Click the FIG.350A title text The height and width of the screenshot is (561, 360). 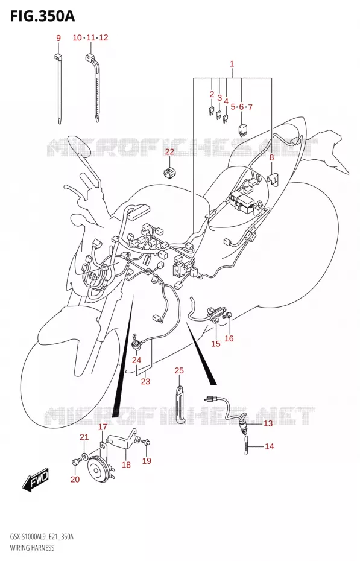tap(42, 16)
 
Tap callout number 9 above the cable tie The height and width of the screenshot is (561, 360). tap(58, 38)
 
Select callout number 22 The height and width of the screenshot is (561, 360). tap(169, 151)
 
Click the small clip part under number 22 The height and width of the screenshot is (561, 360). tap(169, 172)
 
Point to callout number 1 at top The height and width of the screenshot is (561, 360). tap(232, 64)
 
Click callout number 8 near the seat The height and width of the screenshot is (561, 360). tap(271, 157)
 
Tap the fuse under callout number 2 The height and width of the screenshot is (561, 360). tap(211, 111)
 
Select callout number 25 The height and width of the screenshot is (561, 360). tap(179, 370)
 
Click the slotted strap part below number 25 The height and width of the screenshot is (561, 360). tap(180, 404)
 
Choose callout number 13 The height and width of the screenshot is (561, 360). tap(268, 423)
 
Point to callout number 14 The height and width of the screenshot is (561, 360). tap(269, 446)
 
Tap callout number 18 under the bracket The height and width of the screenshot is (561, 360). tap(126, 464)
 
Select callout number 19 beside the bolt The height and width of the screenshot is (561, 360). tap(147, 461)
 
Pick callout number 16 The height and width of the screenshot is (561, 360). tap(229, 338)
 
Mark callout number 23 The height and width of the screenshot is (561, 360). tap(145, 381)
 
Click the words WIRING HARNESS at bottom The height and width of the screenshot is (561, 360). tap(32, 548)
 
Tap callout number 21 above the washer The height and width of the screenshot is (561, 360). tap(84, 437)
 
